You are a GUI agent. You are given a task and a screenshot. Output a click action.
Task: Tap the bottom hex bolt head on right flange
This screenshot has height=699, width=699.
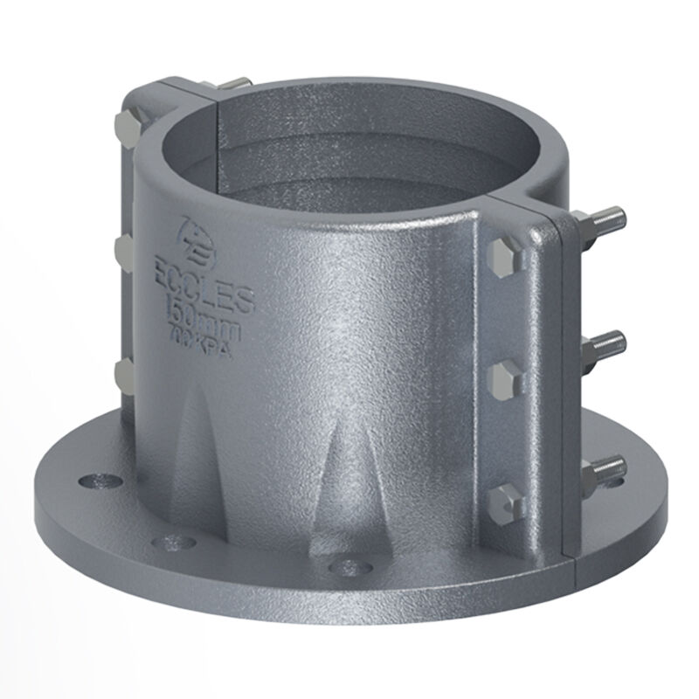(x=505, y=501)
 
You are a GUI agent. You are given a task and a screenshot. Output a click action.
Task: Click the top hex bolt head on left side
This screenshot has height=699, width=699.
(x=127, y=128)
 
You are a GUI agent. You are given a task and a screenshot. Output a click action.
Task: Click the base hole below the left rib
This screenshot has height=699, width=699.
(x=170, y=542)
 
